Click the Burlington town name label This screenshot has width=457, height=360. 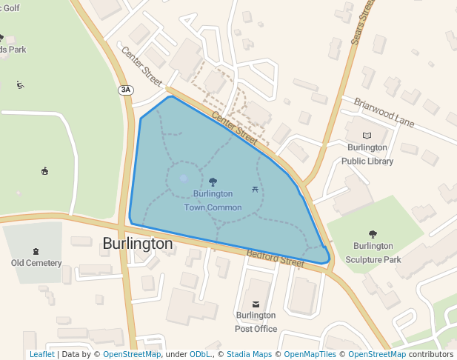click(x=138, y=244)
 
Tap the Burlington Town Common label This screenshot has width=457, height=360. click(x=213, y=201)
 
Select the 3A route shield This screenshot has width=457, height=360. click(x=126, y=90)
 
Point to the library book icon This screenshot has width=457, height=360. click(x=367, y=136)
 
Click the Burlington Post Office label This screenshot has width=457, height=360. click(x=256, y=322)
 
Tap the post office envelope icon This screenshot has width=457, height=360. click(x=257, y=304)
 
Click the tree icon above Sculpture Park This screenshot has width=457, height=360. click(x=373, y=234)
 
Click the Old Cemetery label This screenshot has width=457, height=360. click(x=36, y=263)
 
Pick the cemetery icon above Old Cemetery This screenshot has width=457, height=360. click(x=36, y=250)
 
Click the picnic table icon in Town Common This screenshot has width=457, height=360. click(x=256, y=190)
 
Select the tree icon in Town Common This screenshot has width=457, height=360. click(x=213, y=181)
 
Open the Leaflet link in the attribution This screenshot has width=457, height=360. click(x=42, y=355)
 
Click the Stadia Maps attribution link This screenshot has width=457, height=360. click(x=249, y=355)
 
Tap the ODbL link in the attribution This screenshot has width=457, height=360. click(x=200, y=355)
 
